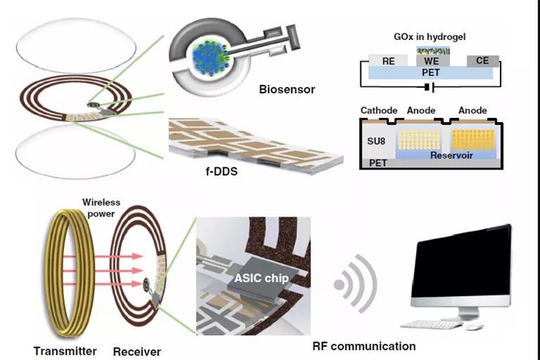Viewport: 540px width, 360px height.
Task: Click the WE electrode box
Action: tap(430, 60)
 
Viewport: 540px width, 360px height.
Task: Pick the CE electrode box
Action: tap(482, 60)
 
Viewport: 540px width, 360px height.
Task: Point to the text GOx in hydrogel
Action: tap(429, 36)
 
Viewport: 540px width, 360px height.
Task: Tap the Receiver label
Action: tap(137, 352)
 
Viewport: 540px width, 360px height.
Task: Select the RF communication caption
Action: tap(363, 346)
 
